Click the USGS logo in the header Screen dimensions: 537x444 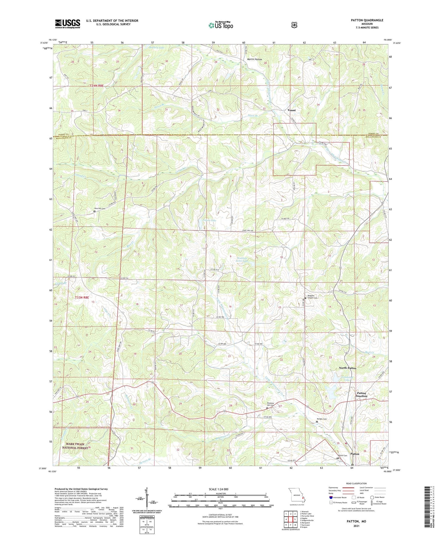[67, 24]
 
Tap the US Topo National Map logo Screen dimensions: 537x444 [221, 25]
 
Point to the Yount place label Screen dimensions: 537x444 [291, 110]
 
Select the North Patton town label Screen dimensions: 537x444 [347, 368]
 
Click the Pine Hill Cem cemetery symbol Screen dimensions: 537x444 [94, 211]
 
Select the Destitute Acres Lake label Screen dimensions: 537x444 [242, 260]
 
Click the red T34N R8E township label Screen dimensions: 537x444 [97, 86]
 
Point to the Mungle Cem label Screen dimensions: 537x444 [322, 419]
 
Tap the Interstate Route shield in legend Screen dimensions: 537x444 [331, 497]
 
